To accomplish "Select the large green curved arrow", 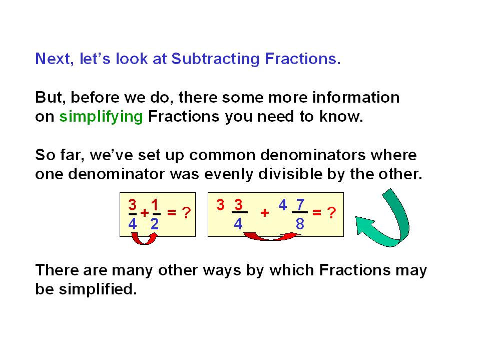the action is [383, 219].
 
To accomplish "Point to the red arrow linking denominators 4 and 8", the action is [272, 237].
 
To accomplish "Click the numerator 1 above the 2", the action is [155, 205].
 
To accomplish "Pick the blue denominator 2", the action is [155, 224].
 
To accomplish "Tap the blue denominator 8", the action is [300, 224].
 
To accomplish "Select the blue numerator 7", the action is [301, 205].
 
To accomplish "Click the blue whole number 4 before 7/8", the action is [283, 205].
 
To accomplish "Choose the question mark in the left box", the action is [186, 213].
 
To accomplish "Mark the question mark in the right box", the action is [331, 213].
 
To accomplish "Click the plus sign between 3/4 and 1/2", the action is [145, 213].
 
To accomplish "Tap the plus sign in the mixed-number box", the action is [265, 213].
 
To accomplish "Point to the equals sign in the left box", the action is [172, 212].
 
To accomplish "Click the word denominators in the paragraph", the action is [313, 155].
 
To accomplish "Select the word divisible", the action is [290, 174].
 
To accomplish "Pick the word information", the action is [356, 97].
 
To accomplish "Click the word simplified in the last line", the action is [98, 289].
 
